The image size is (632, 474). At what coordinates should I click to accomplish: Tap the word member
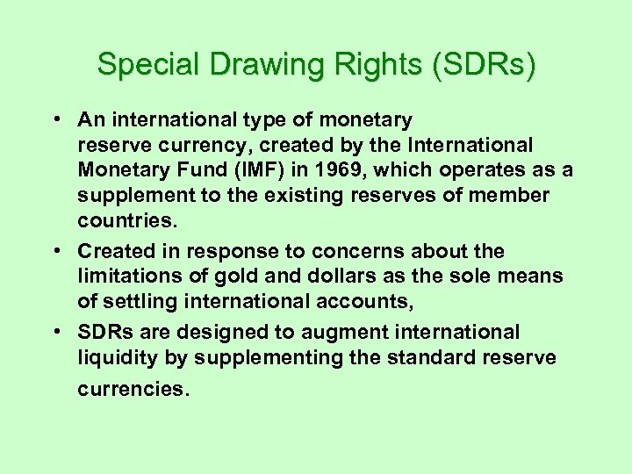tap(509, 195)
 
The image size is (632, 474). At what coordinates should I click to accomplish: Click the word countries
tap(124, 219)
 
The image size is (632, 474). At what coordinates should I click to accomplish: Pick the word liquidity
tap(117, 357)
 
